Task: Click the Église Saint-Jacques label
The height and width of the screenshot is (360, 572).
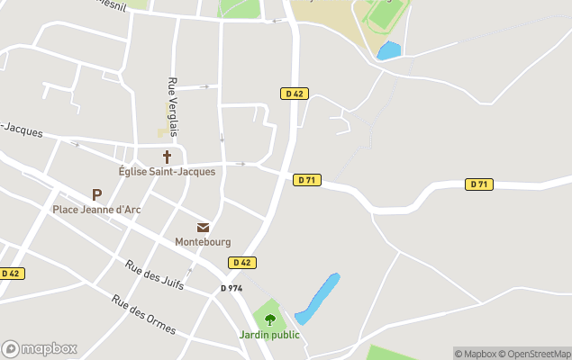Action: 167,171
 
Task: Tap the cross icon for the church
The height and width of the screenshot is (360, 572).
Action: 167,157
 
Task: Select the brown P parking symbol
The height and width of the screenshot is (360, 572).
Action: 96,194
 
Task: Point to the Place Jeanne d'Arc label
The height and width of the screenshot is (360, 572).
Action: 96,210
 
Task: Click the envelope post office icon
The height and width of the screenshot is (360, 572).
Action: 203,228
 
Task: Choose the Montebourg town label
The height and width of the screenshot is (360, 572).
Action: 203,242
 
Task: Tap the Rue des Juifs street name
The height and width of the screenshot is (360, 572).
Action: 155,274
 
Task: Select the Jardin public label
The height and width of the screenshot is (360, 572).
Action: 269,335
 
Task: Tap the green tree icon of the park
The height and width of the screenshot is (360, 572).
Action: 269,318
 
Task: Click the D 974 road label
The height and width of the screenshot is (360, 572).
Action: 232,288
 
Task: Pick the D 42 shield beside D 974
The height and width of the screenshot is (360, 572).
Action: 241,263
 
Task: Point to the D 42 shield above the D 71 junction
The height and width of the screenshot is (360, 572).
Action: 295,93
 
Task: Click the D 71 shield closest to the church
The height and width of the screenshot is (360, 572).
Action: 306,180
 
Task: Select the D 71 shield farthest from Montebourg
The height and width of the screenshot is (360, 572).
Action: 479,184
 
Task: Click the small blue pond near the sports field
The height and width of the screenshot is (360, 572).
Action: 389,50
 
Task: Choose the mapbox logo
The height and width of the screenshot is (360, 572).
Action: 40,348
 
